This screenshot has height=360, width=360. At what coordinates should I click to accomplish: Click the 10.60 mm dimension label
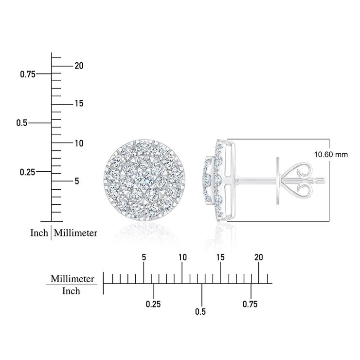pos(331,155)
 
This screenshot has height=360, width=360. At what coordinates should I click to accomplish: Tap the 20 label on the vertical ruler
pos(79,66)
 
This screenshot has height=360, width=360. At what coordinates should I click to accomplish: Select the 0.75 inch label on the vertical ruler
pos(28,74)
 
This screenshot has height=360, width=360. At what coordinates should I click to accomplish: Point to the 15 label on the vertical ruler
pos(79,104)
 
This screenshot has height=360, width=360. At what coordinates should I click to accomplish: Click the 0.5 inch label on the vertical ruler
pos(22,123)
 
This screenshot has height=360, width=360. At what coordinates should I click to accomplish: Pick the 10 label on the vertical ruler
pos(79,143)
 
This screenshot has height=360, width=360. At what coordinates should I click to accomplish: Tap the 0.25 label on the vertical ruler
pos(28,172)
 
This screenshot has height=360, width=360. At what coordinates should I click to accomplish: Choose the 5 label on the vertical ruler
pos(77,181)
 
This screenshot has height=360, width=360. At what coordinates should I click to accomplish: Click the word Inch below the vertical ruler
pos(39,233)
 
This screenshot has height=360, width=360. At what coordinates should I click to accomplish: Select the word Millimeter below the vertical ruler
pos(75,233)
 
